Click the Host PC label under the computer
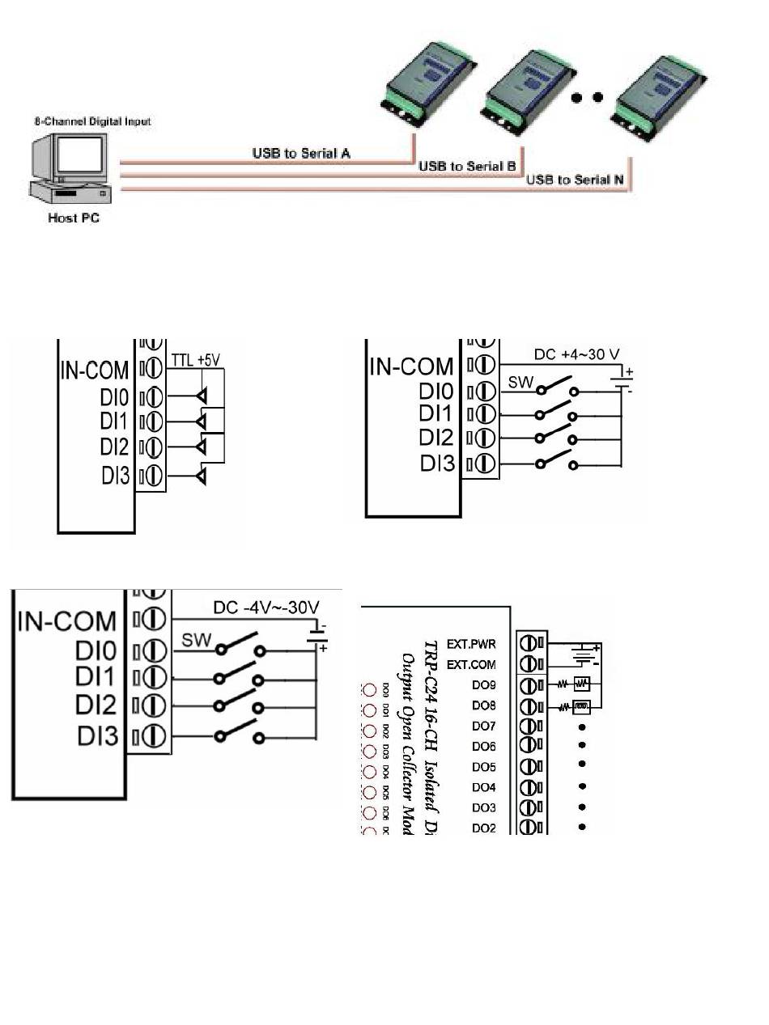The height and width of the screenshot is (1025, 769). tap(74, 218)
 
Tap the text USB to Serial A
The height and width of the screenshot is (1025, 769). tap(301, 152)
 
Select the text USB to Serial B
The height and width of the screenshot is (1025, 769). tap(467, 166)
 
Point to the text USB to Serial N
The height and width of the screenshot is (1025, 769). tap(575, 180)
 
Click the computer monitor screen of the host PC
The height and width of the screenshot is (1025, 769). tap(79, 155)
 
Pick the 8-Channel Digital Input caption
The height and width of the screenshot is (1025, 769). tap(92, 121)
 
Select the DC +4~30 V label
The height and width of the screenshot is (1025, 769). tap(576, 354)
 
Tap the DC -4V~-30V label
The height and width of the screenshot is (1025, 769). tap(266, 607)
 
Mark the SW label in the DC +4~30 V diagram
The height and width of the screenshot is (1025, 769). tap(522, 382)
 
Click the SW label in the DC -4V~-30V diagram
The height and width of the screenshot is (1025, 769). tap(196, 641)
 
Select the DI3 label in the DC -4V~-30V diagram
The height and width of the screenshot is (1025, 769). tap(100, 737)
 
